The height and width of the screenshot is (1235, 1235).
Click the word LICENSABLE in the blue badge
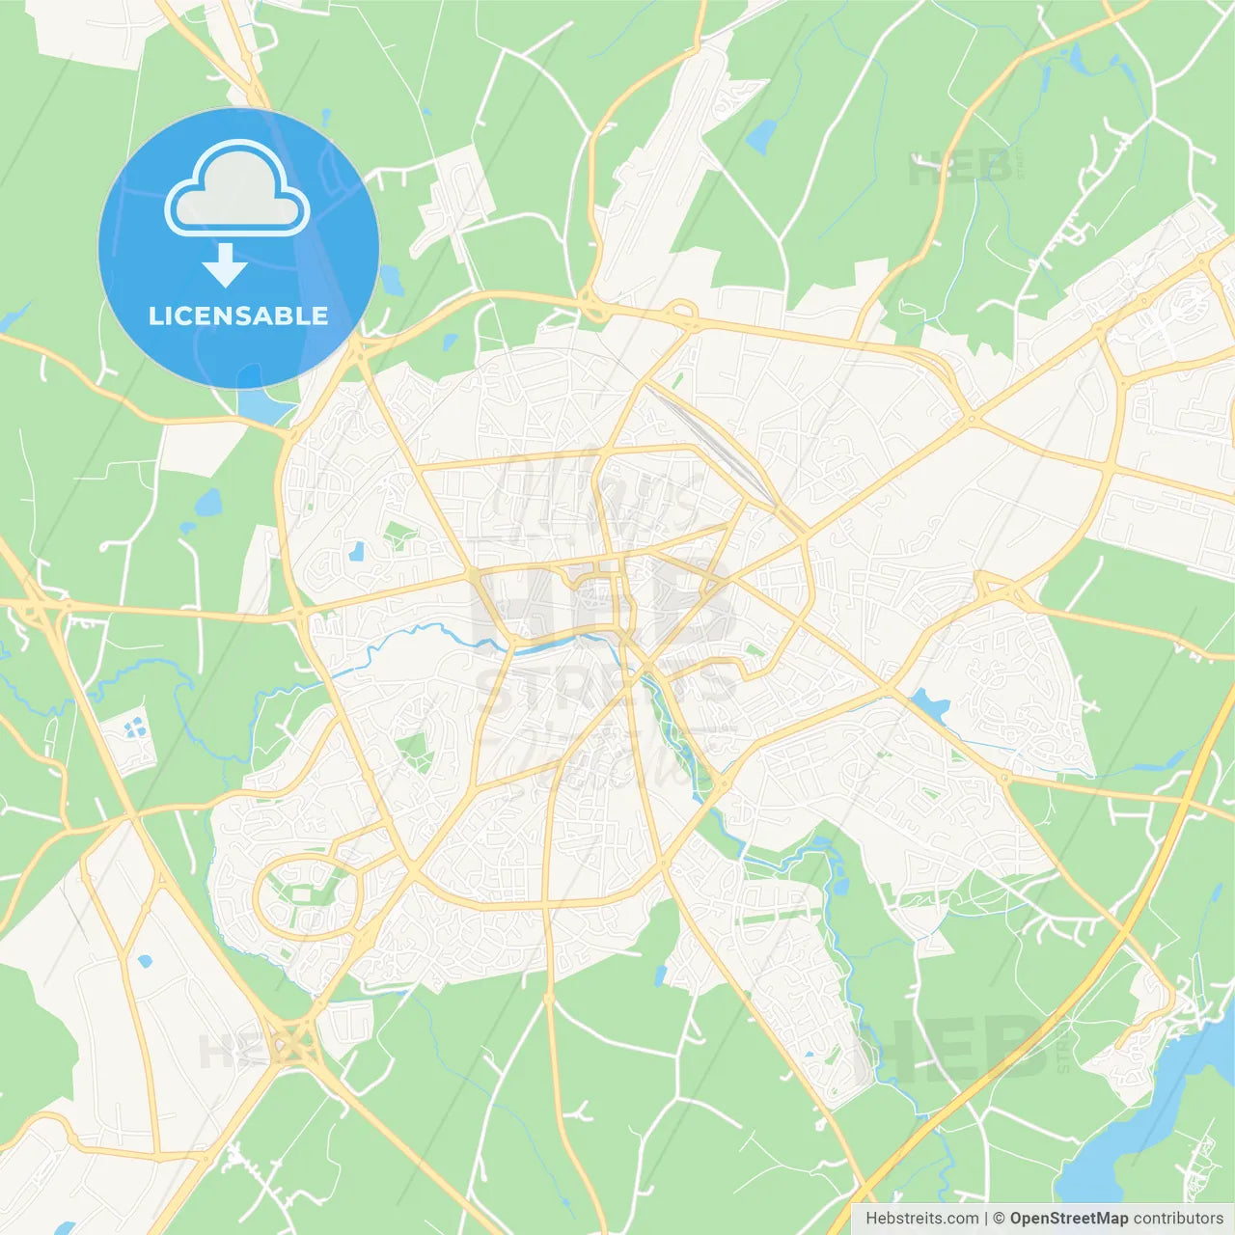click(238, 316)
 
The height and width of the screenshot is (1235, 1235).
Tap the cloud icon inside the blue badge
click(237, 190)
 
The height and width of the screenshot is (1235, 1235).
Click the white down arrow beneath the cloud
click(225, 264)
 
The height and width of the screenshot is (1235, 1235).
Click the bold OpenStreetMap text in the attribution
click(1068, 1219)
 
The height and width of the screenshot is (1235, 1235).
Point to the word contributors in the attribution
click(1178, 1219)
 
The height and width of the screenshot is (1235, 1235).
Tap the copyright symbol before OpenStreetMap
click(999, 1219)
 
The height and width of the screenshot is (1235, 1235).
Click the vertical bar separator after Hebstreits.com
click(986, 1219)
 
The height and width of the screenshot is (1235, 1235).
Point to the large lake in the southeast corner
click(1148, 1119)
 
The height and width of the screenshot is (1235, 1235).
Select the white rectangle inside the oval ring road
click(301, 895)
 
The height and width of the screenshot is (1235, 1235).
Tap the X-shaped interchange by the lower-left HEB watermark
click(287, 1045)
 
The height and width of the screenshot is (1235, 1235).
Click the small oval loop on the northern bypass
click(681, 312)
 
